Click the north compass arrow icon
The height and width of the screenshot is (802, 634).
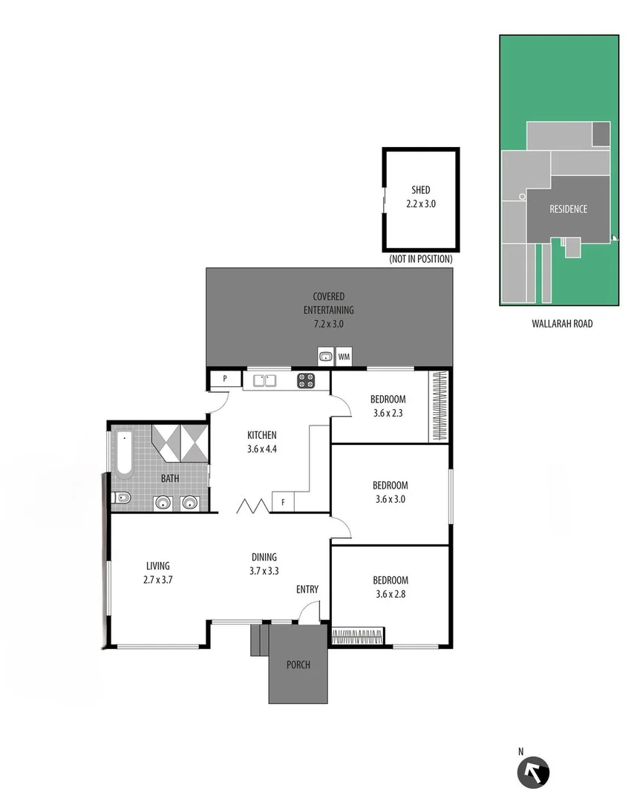(533, 772)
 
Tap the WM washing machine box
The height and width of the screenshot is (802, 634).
(343, 357)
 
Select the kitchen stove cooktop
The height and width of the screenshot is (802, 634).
(307, 381)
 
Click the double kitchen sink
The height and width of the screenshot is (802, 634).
(264, 381)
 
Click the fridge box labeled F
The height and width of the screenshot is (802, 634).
(283, 503)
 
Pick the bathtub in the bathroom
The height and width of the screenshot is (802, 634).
(124, 451)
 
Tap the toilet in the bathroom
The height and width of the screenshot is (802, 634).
(122, 498)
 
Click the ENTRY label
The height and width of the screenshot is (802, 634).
(307, 590)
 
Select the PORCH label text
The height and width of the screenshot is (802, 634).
(298, 665)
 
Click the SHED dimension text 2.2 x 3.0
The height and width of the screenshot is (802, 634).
(421, 203)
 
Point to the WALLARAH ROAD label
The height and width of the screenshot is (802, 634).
(562, 324)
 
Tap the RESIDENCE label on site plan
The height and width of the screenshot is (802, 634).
(568, 209)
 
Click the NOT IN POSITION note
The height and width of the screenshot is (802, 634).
(420, 259)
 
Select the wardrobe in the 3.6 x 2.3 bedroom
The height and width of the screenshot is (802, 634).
(439, 406)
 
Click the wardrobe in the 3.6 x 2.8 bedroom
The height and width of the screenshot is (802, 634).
(357, 636)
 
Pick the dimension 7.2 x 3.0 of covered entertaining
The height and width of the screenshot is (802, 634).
(329, 324)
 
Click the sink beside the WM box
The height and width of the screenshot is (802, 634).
(325, 357)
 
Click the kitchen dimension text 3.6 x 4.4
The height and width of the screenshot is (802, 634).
(261, 449)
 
